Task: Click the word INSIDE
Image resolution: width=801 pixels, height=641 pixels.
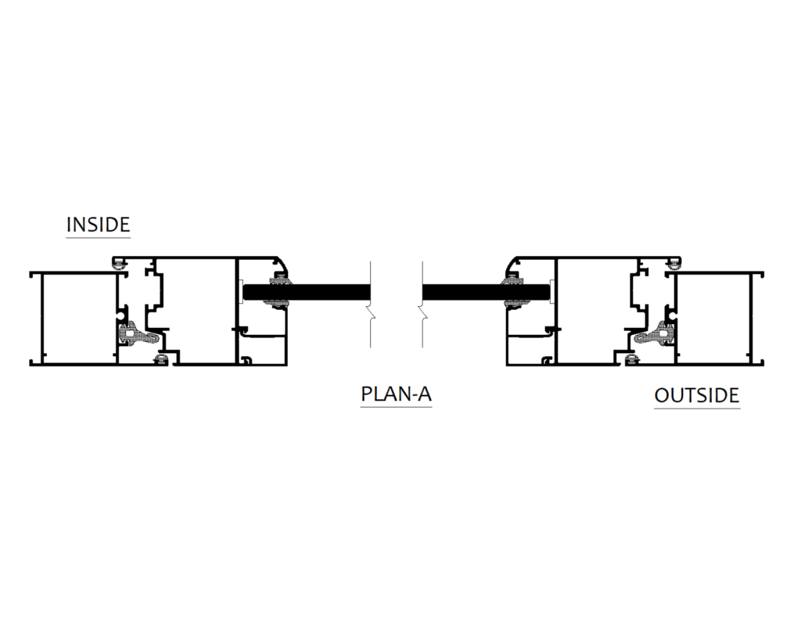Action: pos(98,225)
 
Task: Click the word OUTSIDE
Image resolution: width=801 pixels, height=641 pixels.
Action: pos(696,395)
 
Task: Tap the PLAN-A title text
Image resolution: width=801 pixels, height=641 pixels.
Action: pos(396,394)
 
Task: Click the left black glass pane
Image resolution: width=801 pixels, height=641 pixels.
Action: pos(329,292)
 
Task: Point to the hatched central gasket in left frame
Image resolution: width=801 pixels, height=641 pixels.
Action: pos(132,333)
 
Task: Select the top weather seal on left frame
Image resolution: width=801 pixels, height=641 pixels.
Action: pos(120,263)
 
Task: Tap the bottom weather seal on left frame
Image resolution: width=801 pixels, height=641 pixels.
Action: pos(162,359)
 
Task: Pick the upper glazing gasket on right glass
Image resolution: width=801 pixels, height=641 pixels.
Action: pos(514,279)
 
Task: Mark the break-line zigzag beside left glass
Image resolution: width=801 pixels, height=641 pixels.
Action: pos(372,316)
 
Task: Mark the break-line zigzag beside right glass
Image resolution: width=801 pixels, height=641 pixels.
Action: pos(423,316)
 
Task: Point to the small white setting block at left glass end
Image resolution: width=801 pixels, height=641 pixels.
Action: pos(241,292)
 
